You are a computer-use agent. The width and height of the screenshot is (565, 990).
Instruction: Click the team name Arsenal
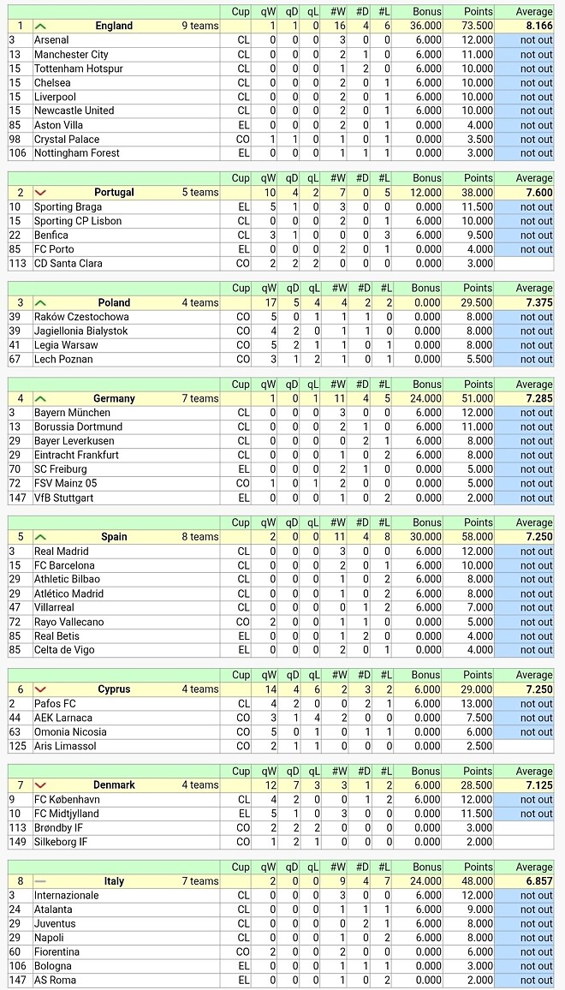51,40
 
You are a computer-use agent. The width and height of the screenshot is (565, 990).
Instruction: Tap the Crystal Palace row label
67,140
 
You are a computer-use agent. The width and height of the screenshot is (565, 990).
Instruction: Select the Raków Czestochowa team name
81,317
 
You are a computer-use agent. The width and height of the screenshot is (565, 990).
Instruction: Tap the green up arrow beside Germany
41,399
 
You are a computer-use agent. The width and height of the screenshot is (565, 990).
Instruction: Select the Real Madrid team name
62,552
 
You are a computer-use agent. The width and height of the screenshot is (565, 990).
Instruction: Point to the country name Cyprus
114,689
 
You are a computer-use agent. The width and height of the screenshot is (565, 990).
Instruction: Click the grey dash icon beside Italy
41,881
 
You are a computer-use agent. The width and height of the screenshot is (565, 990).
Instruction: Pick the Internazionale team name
67,896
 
